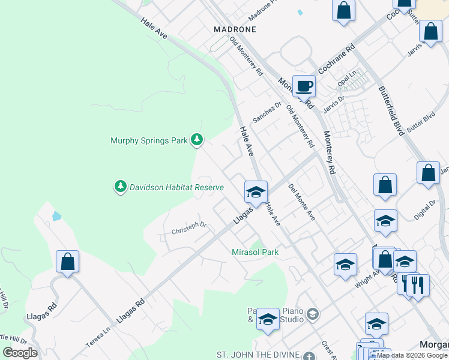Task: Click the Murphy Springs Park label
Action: click(149, 141)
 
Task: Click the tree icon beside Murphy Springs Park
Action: click(197, 140)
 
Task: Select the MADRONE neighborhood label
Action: click(235, 29)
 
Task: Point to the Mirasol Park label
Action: click(255, 253)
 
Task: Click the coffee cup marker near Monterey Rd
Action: click(304, 86)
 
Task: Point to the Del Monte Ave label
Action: click(302, 202)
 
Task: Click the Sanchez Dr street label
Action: click(267, 112)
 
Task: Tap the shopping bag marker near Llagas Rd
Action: click(67, 262)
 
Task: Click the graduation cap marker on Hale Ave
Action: click(256, 192)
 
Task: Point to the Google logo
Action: click(20, 353)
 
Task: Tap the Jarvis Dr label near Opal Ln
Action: click(334, 103)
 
